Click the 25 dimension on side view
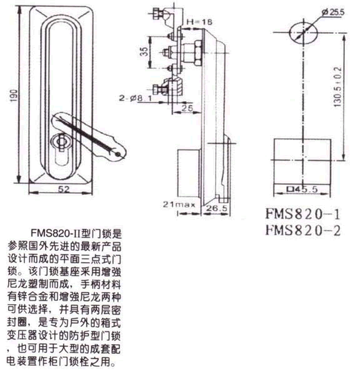click(186, 108)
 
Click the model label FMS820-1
click(302, 215)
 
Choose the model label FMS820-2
click(302, 230)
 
